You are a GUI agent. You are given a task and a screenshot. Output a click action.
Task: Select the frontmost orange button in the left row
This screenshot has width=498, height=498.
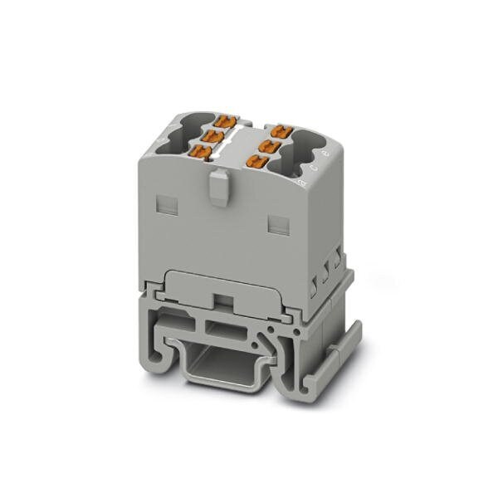click(200, 150)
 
